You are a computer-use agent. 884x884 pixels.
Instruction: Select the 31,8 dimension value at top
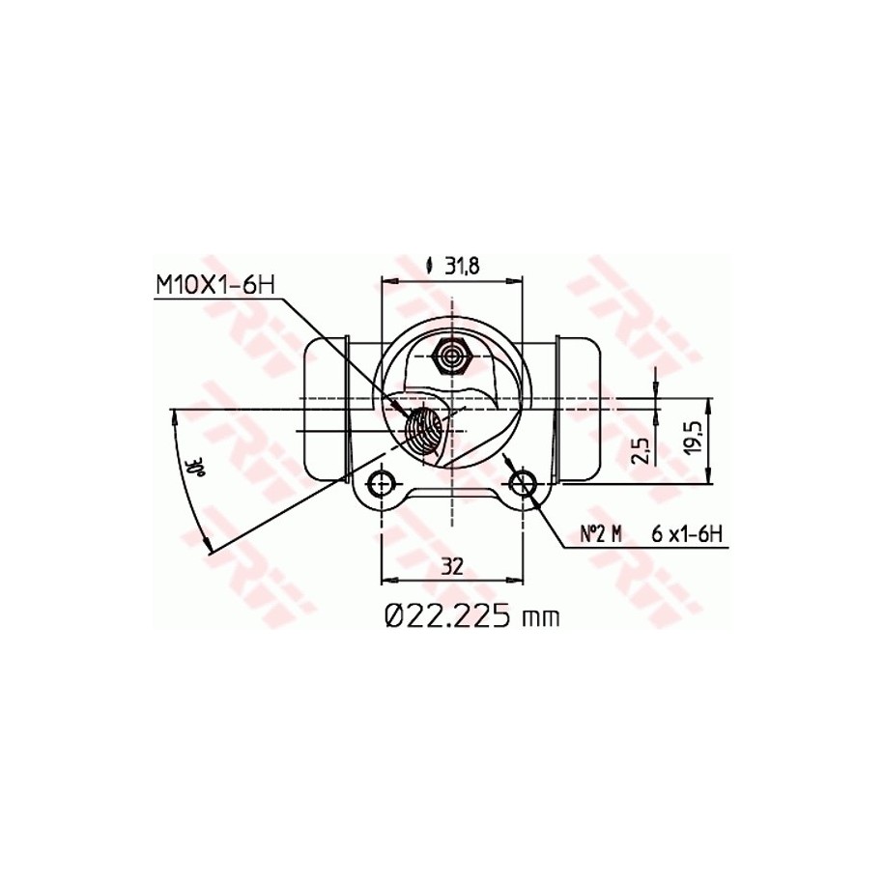(462, 266)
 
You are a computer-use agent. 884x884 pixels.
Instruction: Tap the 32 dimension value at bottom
(452, 565)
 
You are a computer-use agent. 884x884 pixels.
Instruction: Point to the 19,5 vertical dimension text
(694, 438)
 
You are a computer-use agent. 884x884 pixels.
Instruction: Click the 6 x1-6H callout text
(687, 534)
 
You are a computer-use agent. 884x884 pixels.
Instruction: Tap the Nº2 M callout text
(601, 534)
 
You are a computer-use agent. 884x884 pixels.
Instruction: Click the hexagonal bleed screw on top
(452, 356)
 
